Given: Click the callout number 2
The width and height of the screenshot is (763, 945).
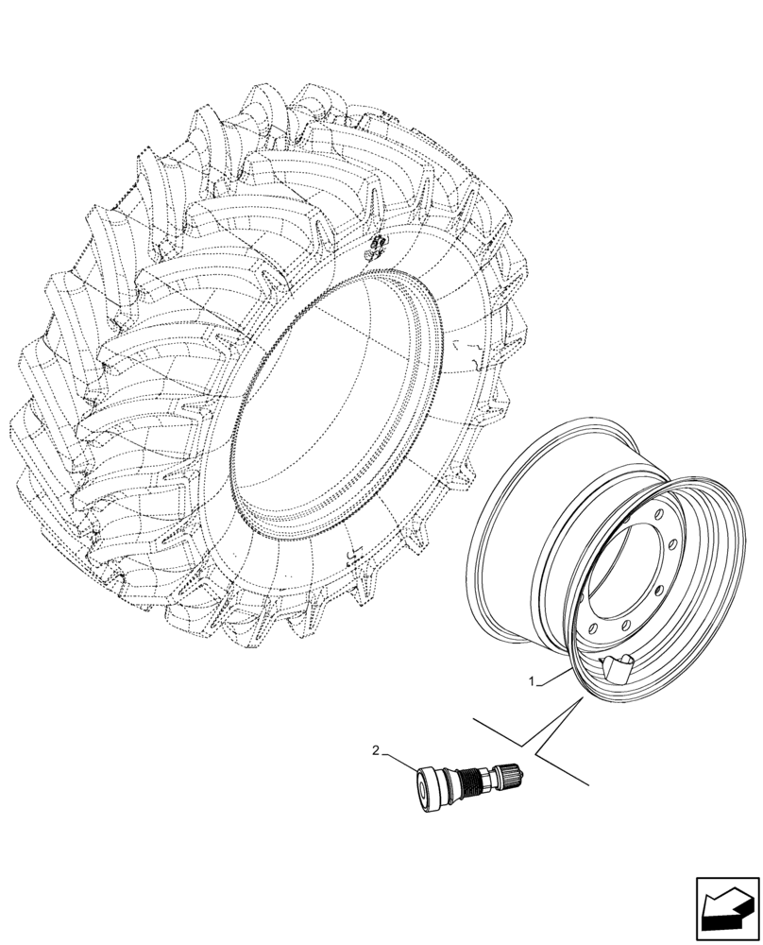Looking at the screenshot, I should pos(377,751).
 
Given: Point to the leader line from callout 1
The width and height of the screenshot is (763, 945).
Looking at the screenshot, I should pos(554,675).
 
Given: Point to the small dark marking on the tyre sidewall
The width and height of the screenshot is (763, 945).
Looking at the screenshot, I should pos(376,249).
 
